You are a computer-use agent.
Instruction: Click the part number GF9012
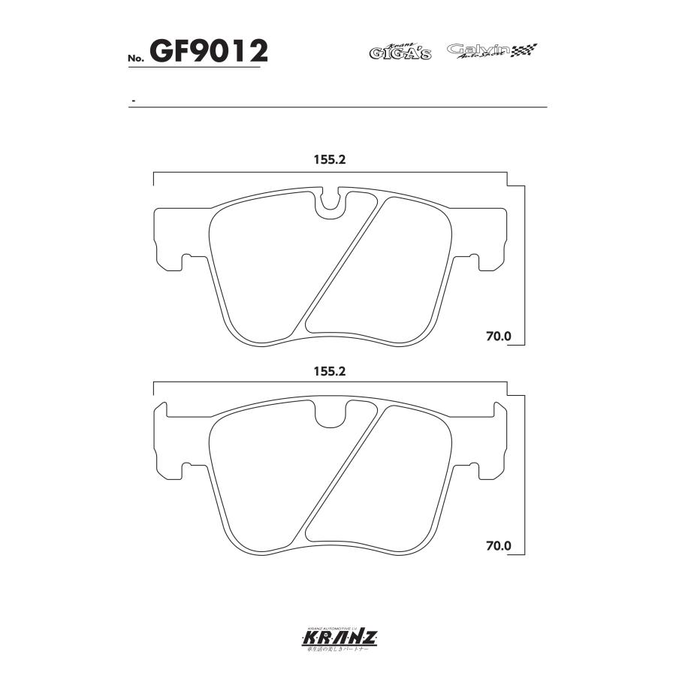(209, 51)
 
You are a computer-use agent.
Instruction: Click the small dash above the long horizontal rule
(133, 100)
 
